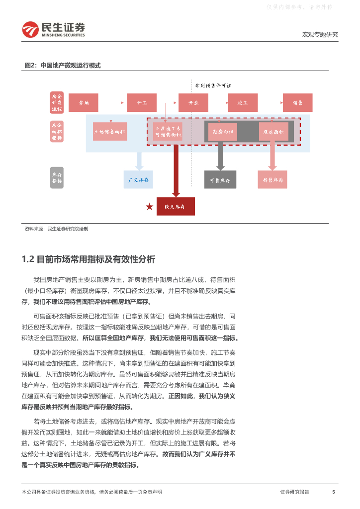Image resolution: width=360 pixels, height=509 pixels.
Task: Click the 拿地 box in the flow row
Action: (83, 102)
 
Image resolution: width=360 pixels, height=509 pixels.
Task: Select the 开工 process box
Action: (142, 102)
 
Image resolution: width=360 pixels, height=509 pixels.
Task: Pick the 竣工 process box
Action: (243, 102)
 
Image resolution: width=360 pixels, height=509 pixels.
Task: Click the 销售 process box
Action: (297, 102)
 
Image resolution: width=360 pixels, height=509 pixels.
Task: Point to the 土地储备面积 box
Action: (110, 132)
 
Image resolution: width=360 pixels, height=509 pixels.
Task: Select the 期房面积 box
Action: (223, 132)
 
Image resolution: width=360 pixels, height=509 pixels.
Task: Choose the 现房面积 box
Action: (273, 132)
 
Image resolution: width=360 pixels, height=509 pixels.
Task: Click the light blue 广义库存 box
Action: (138, 179)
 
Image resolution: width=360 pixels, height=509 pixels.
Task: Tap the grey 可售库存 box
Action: (220, 179)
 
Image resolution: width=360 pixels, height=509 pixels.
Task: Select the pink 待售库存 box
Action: (272, 179)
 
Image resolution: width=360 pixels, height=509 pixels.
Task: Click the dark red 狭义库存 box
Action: (176, 206)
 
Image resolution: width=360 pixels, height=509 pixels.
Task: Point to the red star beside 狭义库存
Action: (149, 206)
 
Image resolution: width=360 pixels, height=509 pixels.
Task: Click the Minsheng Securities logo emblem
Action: (29, 30)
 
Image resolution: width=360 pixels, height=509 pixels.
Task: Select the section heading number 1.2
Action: (27, 259)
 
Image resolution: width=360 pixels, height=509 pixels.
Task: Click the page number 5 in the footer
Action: (333, 492)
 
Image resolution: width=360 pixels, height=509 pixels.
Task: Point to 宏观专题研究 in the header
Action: (320, 35)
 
